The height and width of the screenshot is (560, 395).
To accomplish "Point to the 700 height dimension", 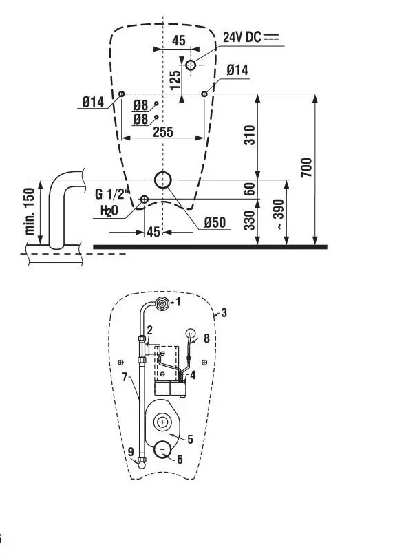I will click(x=307, y=167).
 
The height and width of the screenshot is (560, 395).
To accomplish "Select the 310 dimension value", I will click(x=250, y=136).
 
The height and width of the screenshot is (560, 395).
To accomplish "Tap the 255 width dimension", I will click(x=162, y=132).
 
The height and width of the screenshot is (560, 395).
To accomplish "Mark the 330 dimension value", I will click(x=250, y=220).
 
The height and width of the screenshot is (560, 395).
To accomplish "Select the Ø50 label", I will click(x=215, y=222).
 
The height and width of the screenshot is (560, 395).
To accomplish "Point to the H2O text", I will click(x=109, y=211).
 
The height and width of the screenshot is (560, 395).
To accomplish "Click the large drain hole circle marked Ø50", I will click(x=163, y=180).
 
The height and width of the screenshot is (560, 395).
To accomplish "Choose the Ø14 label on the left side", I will click(x=93, y=102).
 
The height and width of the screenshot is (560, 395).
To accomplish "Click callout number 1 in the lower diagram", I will click(x=177, y=301).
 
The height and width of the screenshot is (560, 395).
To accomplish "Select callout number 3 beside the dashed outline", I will click(x=224, y=313).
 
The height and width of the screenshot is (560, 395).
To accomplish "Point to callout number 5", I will click(x=190, y=438).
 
